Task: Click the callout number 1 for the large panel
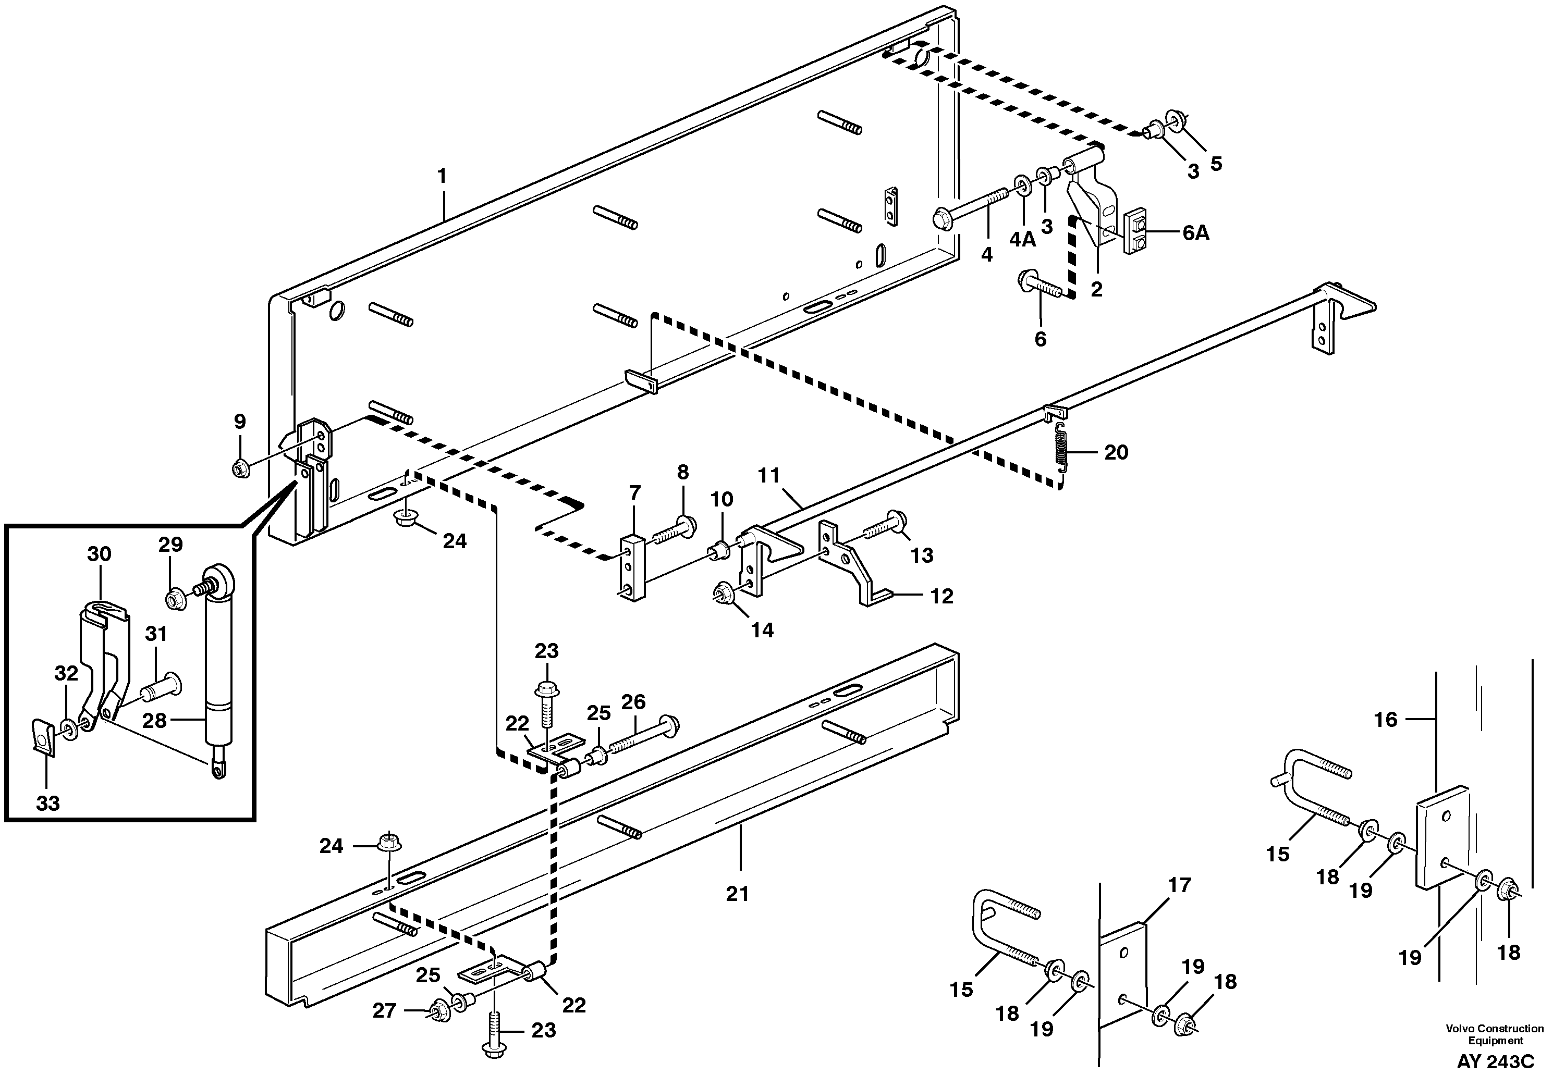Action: (442, 177)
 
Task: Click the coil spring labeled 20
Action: (1061, 447)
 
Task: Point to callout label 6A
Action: (1195, 233)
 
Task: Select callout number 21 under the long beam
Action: (738, 894)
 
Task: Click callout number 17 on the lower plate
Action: (1180, 884)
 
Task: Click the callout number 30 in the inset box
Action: (99, 554)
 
